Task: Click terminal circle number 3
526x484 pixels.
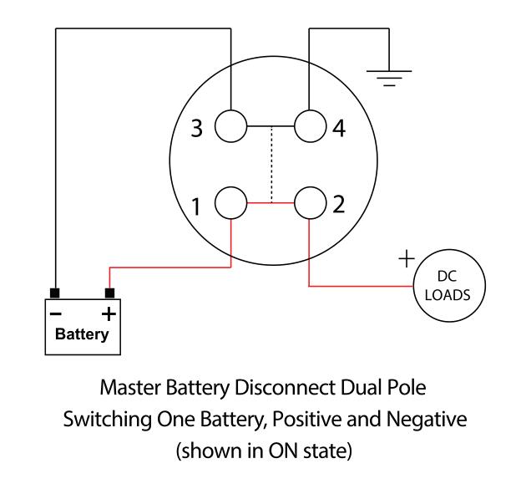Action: coord(232,127)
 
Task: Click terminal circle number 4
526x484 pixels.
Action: coord(309,127)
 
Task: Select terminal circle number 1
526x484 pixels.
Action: coord(232,202)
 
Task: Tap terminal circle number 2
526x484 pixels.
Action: coord(309,202)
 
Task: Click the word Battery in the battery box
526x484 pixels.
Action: coord(82,334)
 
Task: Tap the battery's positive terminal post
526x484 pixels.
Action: coord(109,293)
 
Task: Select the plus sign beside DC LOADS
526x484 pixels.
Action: coord(407,259)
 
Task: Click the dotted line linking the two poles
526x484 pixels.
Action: coord(271,165)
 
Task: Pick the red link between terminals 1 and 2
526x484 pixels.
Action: coord(271,202)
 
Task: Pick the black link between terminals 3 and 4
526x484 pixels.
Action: coord(271,127)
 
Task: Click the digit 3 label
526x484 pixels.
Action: coord(197,130)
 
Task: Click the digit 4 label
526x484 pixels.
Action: coord(337,130)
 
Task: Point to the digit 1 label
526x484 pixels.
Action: coord(197,206)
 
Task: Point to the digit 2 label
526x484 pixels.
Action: coord(337,205)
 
